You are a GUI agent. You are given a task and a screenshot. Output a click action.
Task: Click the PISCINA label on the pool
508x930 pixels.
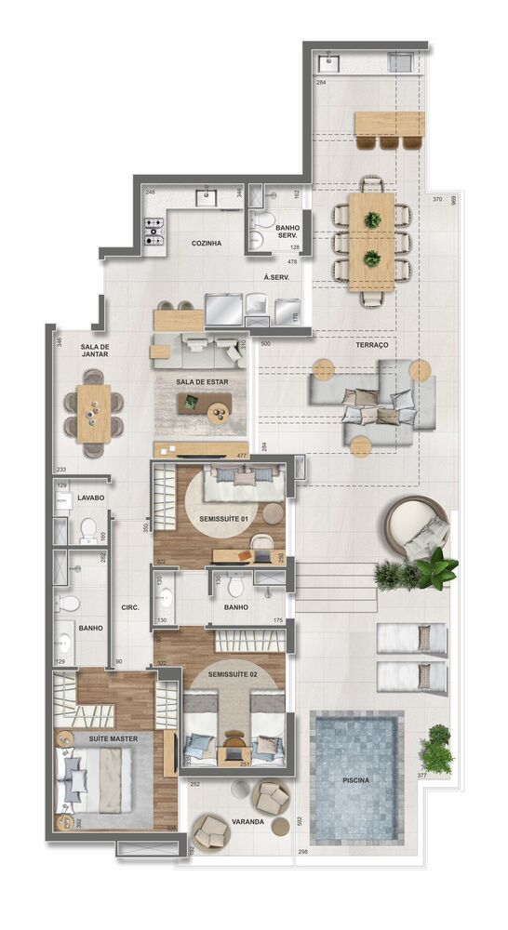click(356, 780)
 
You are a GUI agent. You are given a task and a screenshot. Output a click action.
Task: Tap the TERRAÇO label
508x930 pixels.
click(371, 345)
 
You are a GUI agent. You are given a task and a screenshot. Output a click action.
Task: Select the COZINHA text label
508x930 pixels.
click(206, 244)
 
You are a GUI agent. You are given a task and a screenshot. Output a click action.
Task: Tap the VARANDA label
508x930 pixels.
click(247, 822)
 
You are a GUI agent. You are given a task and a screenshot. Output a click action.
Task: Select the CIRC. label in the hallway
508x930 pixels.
click(130, 608)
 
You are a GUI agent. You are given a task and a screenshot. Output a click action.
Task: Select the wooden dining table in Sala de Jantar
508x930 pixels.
click(93, 413)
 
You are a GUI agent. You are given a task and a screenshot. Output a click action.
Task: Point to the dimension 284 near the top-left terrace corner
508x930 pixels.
click(321, 84)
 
